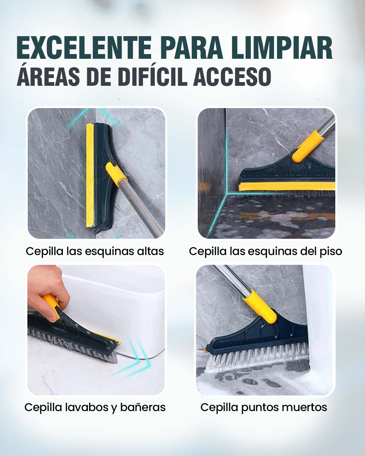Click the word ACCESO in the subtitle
pos(232,77)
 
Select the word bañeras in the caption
pos(143,407)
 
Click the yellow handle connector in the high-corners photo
pos(117,174)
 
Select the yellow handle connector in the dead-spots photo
pos(260,306)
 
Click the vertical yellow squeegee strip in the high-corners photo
pos(90,175)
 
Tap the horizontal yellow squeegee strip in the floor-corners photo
pos(287,186)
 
